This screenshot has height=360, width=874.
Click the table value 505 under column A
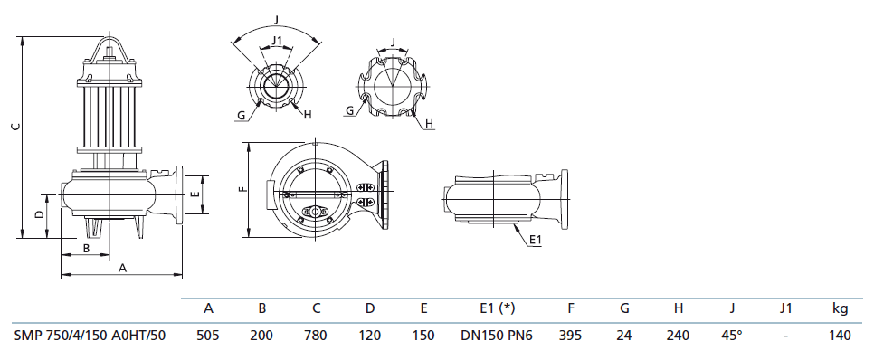pyautogui.click(x=208, y=336)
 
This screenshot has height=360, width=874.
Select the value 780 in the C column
pyautogui.click(x=316, y=336)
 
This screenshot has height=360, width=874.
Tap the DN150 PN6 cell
pyautogui.click(x=490, y=336)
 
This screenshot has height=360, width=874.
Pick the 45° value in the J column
pyautogui.click(x=732, y=336)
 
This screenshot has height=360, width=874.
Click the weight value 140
pyautogui.click(x=840, y=336)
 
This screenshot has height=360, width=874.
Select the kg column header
pyautogui.click(x=840, y=309)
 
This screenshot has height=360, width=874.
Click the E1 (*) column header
pyautogui.click(x=490, y=308)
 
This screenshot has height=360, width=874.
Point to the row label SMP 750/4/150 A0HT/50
pyautogui.click(x=90, y=336)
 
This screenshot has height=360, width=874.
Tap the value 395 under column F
pyautogui.click(x=570, y=336)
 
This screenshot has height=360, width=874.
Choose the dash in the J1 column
pyautogui.click(x=784, y=336)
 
